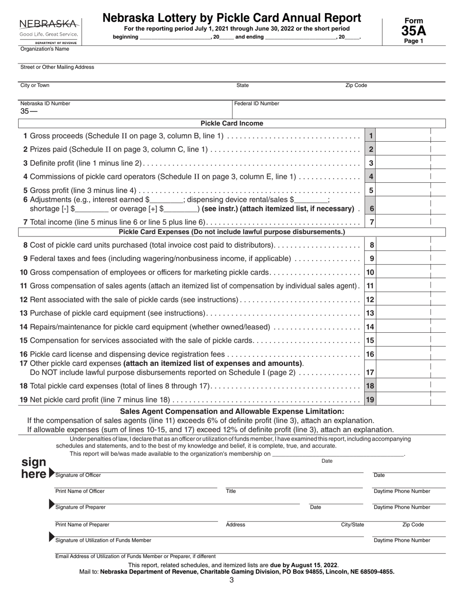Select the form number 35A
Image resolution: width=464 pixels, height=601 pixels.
(413, 31)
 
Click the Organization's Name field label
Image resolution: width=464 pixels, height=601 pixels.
(44, 49)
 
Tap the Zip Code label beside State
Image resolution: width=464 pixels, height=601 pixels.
(356, 86)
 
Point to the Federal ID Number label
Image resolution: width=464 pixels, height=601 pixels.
(256, 104)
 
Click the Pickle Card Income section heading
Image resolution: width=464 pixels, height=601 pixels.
(232, 124)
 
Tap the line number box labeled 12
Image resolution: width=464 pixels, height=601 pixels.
(370, 299)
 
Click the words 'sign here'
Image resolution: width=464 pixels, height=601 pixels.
(35, 468)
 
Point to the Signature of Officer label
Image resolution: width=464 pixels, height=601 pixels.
(79, 475)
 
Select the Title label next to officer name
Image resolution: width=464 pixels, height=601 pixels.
(231, 492)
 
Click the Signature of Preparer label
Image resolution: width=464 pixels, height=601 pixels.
(80, 507)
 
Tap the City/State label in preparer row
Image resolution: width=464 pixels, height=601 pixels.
(352, 525)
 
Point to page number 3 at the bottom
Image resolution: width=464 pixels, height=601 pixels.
(232, 580)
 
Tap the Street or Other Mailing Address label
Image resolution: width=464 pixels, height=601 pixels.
(57, 67)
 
